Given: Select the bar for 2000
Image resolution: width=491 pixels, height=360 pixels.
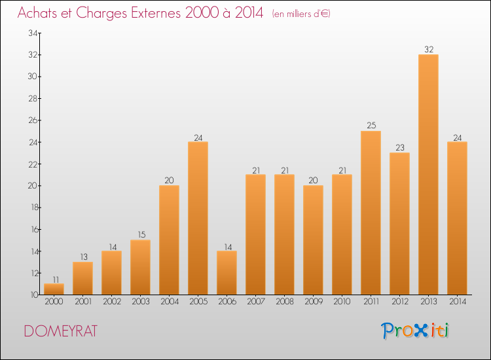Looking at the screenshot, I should (54, 289).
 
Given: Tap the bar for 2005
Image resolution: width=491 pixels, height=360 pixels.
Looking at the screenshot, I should (198, 218).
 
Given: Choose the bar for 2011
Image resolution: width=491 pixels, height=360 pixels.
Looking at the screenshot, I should (371, 213).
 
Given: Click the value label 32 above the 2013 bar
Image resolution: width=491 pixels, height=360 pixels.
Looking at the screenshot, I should (428, 49).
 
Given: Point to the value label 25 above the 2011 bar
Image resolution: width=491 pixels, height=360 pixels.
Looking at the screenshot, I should (371, 126).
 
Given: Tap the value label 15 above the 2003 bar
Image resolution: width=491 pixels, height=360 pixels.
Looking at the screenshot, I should (140, 234).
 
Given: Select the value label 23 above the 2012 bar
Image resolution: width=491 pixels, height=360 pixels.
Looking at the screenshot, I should (399, 147).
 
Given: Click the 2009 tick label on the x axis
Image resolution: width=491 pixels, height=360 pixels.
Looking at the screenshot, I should (313, 302).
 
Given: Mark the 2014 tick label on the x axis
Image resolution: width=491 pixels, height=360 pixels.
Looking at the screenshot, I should (457, 302).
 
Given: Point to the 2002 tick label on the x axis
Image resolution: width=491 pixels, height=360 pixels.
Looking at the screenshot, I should (111, 302).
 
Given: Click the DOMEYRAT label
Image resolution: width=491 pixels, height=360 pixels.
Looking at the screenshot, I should (60, 331).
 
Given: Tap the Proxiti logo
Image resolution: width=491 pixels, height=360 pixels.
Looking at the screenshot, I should (415, 331).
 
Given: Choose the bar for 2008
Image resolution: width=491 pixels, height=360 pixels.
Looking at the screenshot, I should (284, 234).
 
